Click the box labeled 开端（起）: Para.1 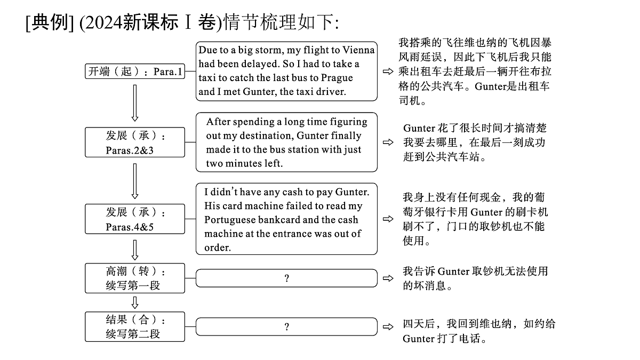click(135, 71)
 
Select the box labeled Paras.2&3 click(135, 142)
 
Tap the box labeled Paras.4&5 click(135, 219)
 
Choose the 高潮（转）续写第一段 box click(135, 278)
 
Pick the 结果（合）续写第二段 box click(135, 326)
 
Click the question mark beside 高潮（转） click(287, 278)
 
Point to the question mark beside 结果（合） click(287, 326)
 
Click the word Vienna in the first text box click(358, 50)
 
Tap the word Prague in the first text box click(337, 78)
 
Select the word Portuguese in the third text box click(230, 220)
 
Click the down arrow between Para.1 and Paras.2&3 click(135, 103)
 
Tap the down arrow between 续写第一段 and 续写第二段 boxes click(135, 302)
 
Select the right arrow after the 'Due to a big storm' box click(388, 71)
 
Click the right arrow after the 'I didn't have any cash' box click(388, 219)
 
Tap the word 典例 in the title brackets click(49, 22)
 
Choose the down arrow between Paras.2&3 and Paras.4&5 click(135, 181)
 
